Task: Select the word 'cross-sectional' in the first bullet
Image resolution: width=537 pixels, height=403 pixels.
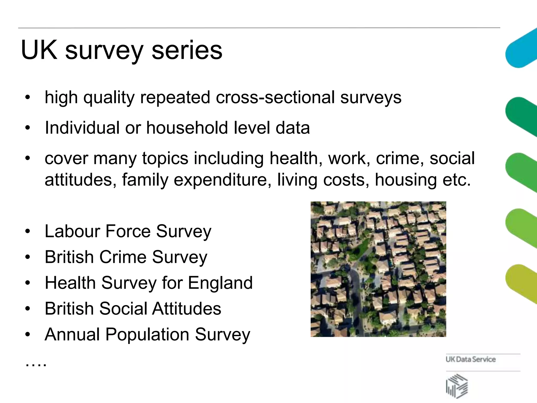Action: coord(275,97)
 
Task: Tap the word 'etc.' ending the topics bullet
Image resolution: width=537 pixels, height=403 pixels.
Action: coord(457,180)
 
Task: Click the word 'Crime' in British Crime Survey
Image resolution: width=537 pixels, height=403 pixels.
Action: coord(122,257)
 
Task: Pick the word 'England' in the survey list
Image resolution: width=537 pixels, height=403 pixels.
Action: coord(220,283)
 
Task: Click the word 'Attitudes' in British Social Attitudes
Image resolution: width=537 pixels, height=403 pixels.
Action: coord(186,309)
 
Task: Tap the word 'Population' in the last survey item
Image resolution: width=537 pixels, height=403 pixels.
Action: coord(147,335)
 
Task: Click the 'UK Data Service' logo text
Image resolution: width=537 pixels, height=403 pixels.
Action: coord(471,359)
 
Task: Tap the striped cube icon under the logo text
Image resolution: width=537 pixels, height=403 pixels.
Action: coord(457,385)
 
